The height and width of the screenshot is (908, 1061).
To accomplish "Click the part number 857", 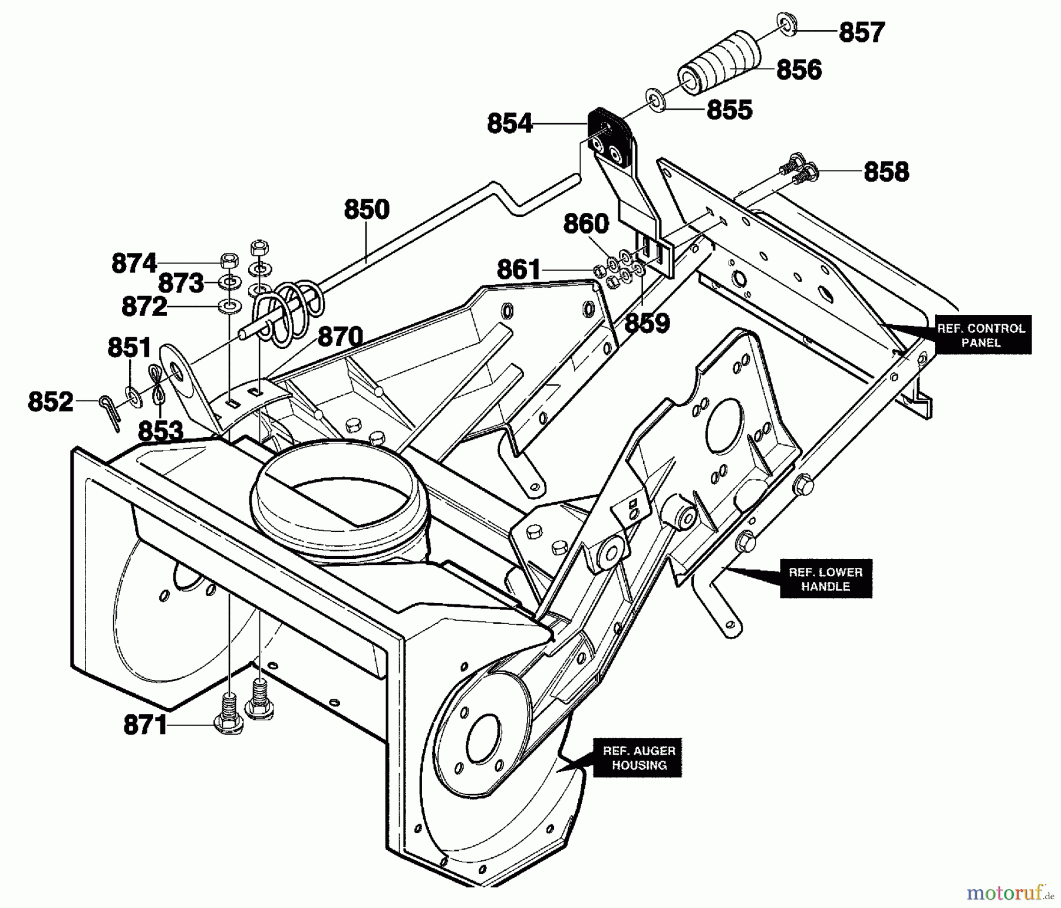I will pos(862,32).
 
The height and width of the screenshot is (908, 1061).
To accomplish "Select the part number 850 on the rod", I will pos(367,210).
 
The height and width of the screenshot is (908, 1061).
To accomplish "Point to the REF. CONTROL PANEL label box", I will pos(981,335).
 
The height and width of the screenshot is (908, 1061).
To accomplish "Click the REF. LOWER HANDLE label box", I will pos(825,579).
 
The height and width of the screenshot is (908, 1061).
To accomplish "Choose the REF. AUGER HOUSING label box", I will pos(638,758).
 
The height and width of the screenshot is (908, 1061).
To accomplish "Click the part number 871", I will pos(146,725).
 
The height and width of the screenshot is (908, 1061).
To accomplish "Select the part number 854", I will pos(510,124).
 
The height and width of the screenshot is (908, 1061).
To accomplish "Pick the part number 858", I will pos(886,172).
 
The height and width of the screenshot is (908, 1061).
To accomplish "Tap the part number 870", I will pos(340,337).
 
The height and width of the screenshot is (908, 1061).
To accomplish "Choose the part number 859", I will pos(647,323).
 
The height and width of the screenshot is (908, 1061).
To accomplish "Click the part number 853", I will pos(160,431).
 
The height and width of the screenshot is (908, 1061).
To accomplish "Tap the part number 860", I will pos(586,224).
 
